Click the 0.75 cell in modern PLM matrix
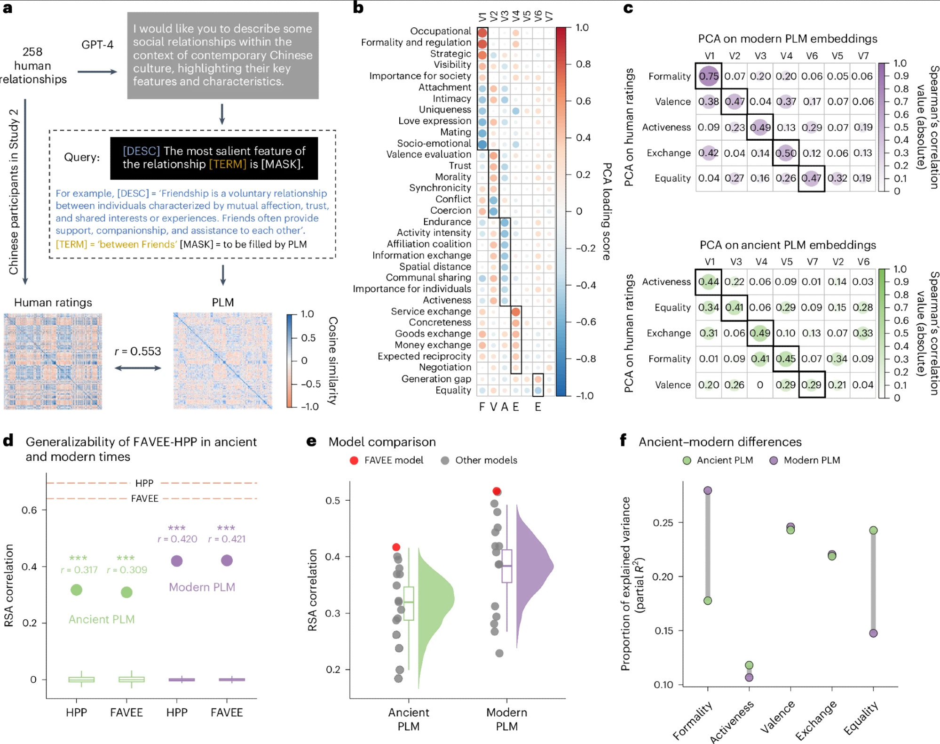coord(708,76)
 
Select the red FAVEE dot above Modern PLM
coord(497,491)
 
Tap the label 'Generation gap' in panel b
coord(436,379)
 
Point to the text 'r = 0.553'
coord(138,352)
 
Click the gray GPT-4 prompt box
coord(223,56)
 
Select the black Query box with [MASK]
coord(214,158)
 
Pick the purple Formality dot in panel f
coord(708,491)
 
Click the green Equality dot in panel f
coord(873,530)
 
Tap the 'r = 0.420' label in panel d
coord(177,539)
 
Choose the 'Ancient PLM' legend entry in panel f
coord(718,460)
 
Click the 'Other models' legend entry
coord(480,460)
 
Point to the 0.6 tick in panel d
coord(29,510)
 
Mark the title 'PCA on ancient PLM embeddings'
coord(788,245)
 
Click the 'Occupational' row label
coord(440,31)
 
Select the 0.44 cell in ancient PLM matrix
coord(708,282)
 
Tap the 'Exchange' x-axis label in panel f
coord(816,720)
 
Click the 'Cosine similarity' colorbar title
coord(332,360)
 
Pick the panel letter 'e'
coord(311,441)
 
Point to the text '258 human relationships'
coord(32,65)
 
